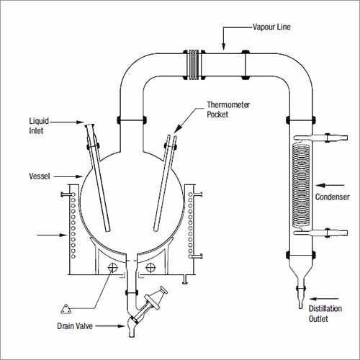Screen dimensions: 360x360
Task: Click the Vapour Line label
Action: coord(271,27)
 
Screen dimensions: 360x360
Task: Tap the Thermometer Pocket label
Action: coord(228,109)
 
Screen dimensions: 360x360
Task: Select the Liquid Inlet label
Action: coord(39,126)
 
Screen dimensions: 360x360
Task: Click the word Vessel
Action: coord(40,176)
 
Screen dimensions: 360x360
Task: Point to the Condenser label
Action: coord(333,197)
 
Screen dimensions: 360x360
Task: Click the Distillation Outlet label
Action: coord(325,314)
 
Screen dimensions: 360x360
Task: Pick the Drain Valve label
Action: coord(75,326)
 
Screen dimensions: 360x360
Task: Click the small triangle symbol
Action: coord(66,310)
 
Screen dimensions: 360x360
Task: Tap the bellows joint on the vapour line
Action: coord(194,65)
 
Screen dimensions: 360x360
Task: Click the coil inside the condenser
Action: coord(301,186)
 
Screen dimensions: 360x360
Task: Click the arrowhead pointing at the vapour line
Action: coord(224,47)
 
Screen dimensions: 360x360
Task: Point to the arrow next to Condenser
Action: coord(330,185)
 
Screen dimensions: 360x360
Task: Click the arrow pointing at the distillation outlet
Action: coord(324,299)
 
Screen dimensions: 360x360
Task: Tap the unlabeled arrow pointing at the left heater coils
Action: coord(52,235)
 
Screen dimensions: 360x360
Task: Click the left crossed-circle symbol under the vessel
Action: coord(112,267)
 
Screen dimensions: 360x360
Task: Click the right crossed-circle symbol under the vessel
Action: coord(150,267)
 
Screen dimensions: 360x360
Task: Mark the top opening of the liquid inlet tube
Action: coord(89,125)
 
